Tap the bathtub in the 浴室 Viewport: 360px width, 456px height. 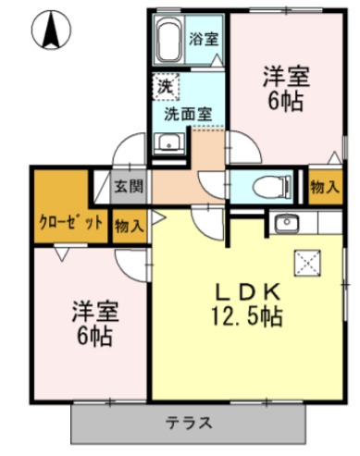(168, 40)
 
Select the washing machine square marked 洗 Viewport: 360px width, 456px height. (165, 86)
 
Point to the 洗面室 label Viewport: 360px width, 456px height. (188, 114)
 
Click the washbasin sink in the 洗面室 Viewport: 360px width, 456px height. (168, 143)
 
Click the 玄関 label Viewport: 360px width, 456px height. (129, 186)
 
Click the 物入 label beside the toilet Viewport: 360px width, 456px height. (323, 188)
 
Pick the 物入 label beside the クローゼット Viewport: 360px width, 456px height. (129, 225)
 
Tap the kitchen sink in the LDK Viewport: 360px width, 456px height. (285, 223)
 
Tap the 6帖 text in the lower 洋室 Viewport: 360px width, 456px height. (93, 336)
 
